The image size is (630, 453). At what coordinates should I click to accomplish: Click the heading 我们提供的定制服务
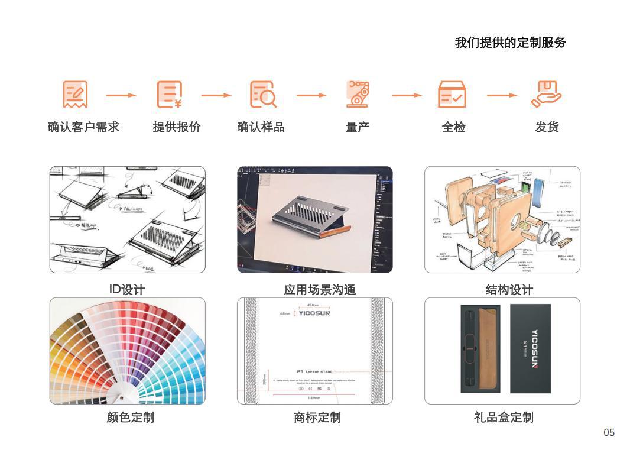510,43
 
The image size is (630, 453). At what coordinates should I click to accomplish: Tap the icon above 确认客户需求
75,95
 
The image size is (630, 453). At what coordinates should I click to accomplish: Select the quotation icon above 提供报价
170,95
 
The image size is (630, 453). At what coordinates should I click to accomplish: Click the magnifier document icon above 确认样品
263,95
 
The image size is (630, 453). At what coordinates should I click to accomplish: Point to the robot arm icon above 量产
358,95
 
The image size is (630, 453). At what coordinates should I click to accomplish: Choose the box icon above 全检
452,95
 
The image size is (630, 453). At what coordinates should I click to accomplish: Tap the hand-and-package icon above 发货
546,95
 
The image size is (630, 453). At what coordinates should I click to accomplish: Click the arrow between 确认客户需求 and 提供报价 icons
121,95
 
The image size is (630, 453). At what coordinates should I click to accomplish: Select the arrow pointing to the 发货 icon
502,95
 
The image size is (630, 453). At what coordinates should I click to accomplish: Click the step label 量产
358,127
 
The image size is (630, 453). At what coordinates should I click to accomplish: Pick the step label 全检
453,127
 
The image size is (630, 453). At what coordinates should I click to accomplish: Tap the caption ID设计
126,289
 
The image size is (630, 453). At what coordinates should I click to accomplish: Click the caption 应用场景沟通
320,290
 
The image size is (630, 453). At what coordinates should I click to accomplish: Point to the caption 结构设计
509,290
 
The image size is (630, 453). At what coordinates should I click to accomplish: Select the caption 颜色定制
130,418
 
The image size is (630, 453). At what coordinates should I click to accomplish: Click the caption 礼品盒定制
503,418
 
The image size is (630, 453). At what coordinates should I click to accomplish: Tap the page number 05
609,433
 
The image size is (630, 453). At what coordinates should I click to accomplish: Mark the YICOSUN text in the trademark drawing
314,313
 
